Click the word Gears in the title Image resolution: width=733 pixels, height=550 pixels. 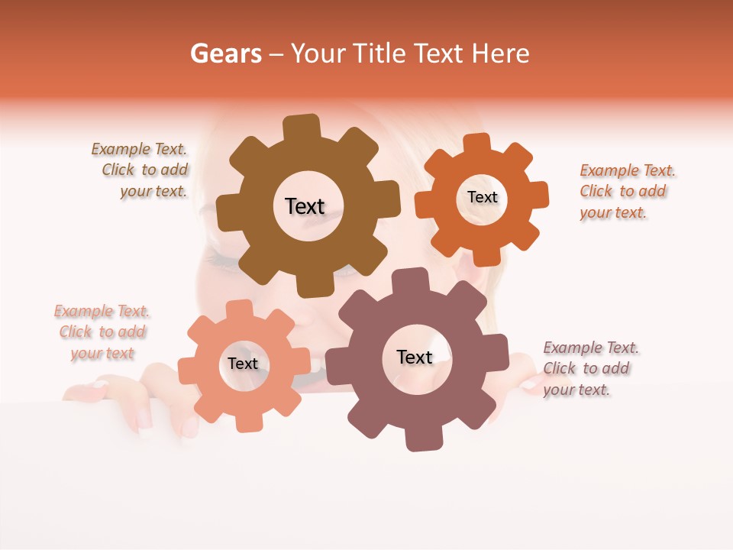[226, 53]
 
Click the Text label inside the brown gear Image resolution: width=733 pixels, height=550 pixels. [305, 206]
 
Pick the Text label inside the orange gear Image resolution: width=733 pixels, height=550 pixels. [482, 197]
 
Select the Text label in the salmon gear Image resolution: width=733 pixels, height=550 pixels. [242, 364]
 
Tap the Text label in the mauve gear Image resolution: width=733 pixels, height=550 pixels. [415, 357]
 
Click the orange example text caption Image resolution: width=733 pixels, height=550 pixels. [626, 191]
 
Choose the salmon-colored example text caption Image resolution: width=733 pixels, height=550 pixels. [102, 332]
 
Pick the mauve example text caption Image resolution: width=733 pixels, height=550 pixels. [589, 368]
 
